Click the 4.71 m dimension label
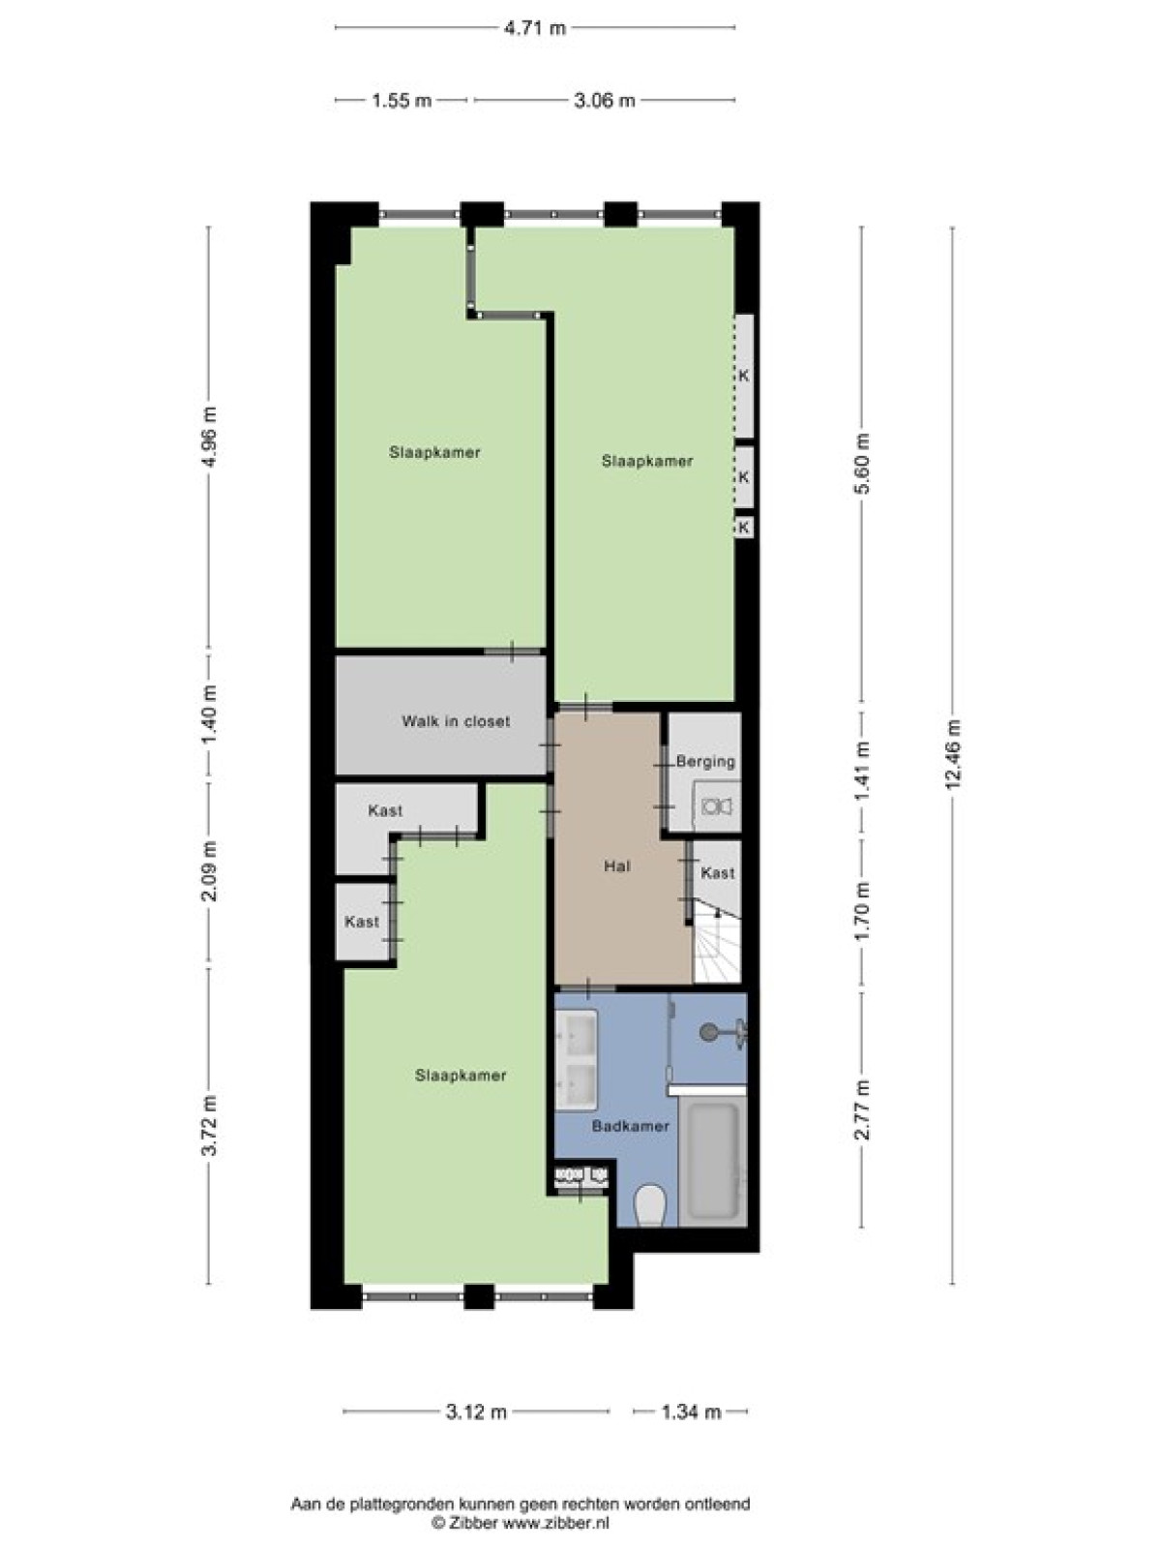(x=534, y=28)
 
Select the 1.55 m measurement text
(x=401, y=101)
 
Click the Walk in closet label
(x=456, y=722)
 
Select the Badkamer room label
(x=630, y=1126)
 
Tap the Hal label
(x=617, y=866)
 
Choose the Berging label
(x=705, y=762)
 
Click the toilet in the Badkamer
(x=649, y=1205)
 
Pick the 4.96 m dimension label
(x=209, y=438)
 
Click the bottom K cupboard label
(x=744, y=527)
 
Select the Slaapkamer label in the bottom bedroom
(x=461, y=1076)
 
